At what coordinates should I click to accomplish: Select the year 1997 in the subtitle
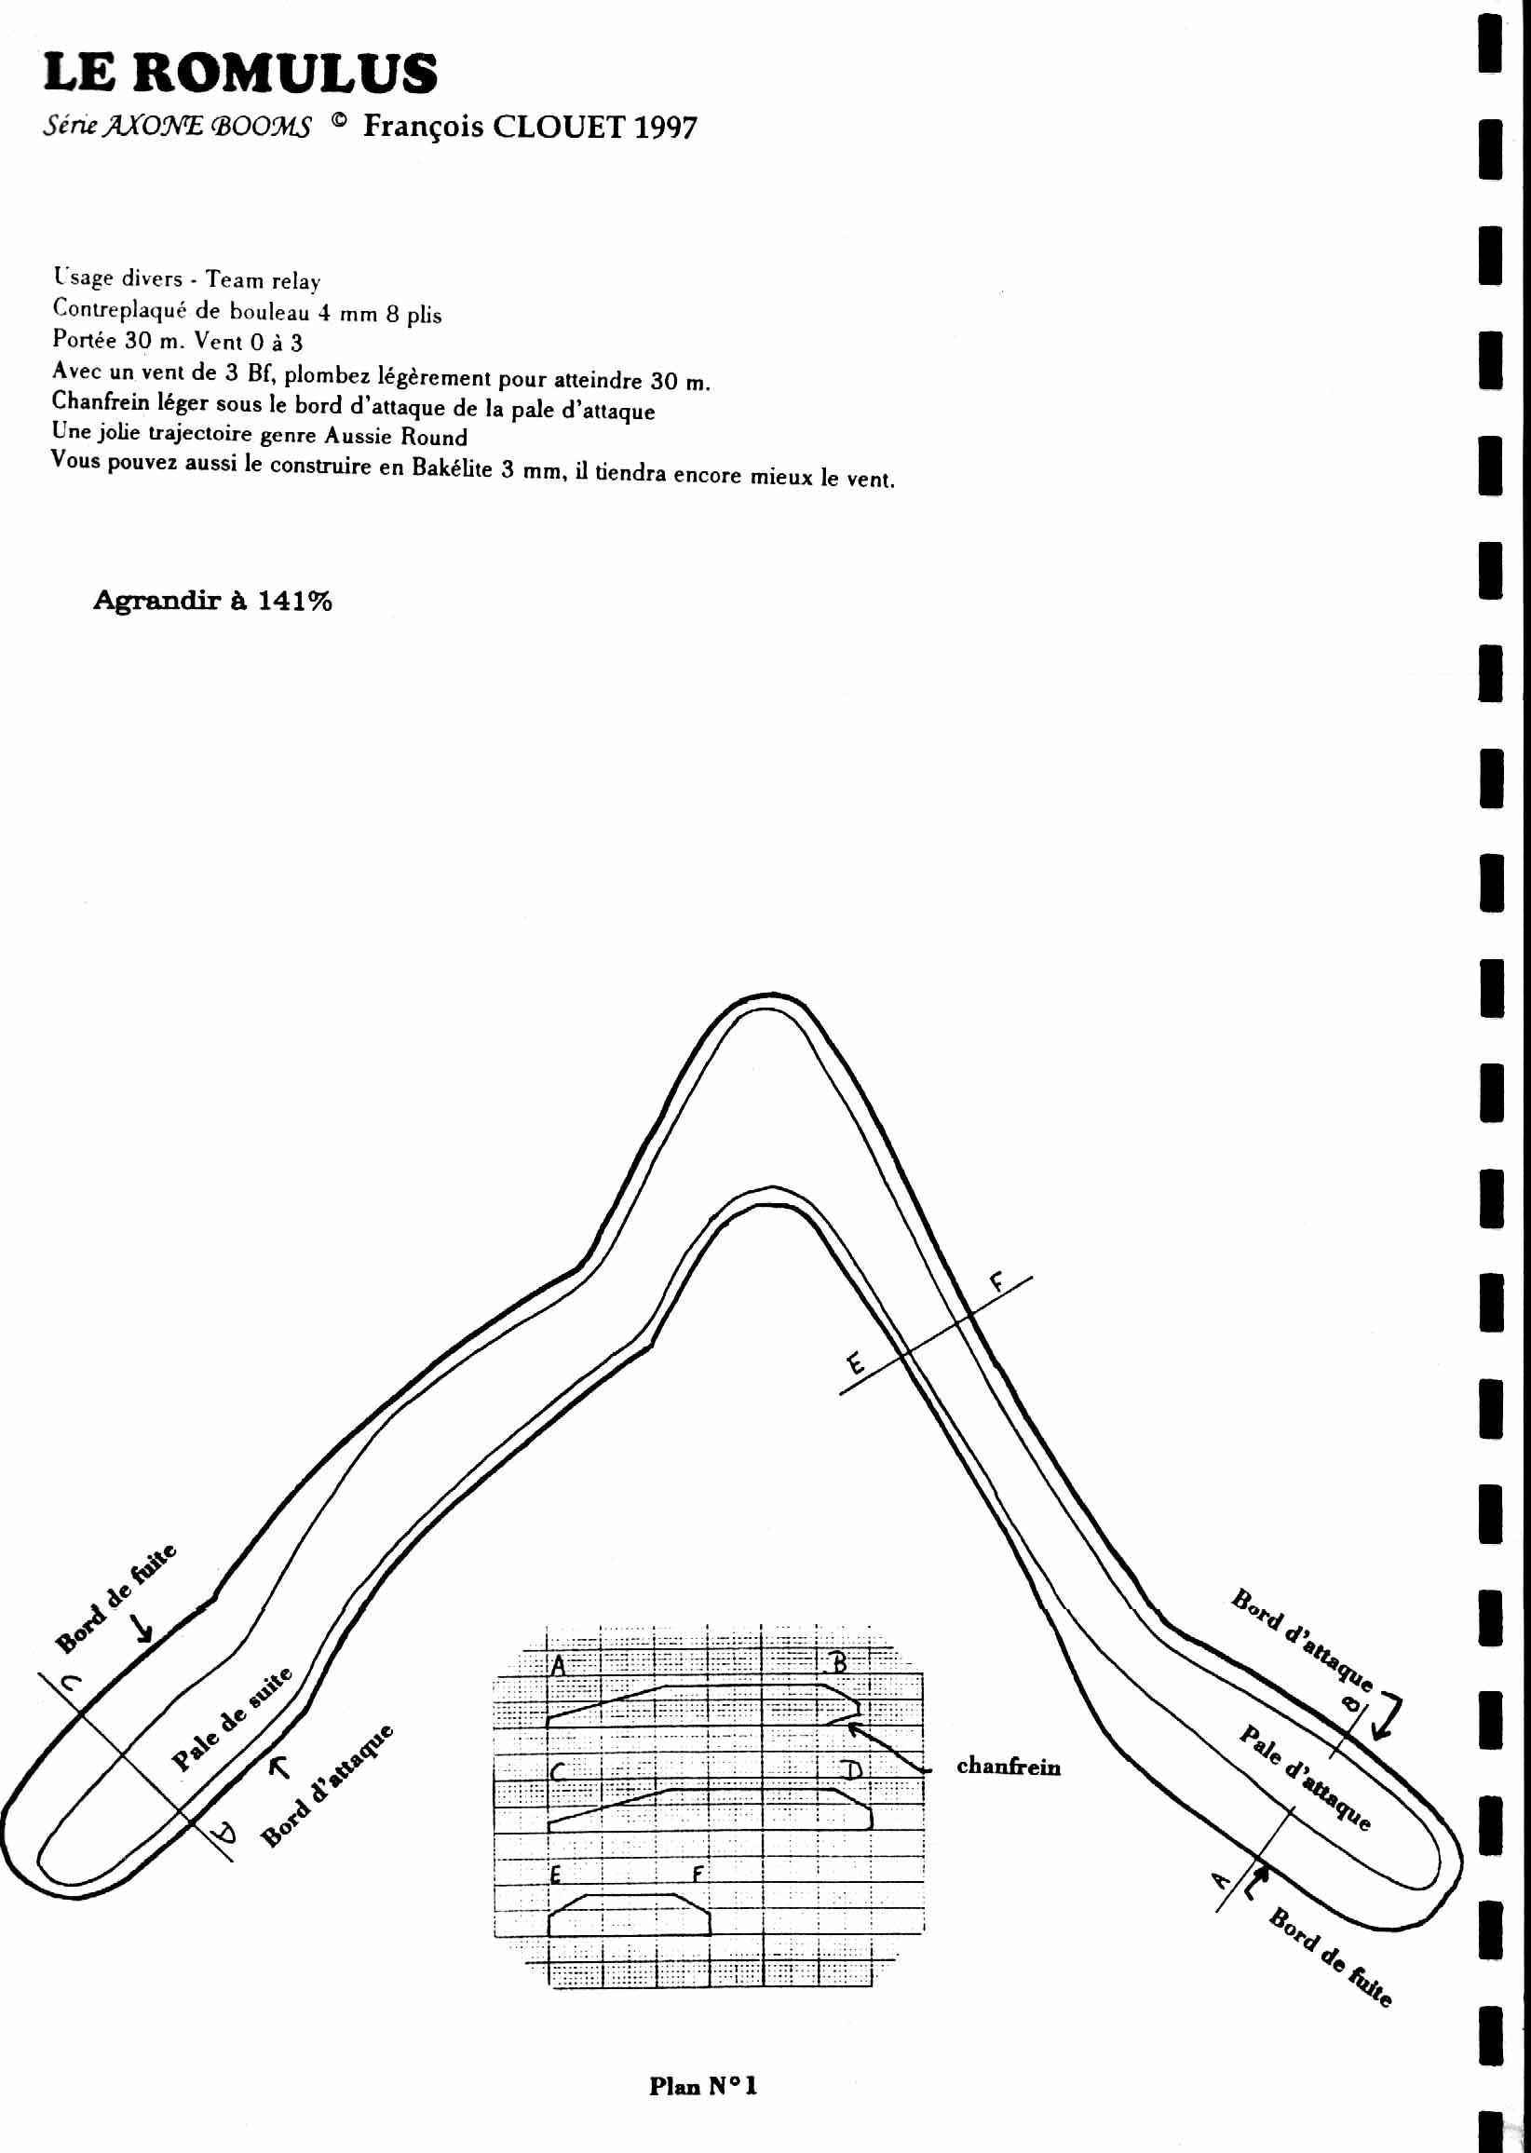[666, 128]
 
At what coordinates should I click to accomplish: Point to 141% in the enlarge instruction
[294, 601]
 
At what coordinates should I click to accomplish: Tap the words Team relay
[263, 280]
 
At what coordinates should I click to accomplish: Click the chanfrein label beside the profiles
[1008, 1767]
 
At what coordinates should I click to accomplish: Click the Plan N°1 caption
[702, 2086]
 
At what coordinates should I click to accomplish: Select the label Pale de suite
[232, 1719]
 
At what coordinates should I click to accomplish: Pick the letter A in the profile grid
[558, 1666]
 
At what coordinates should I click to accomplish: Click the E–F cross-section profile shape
[629, 1915]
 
